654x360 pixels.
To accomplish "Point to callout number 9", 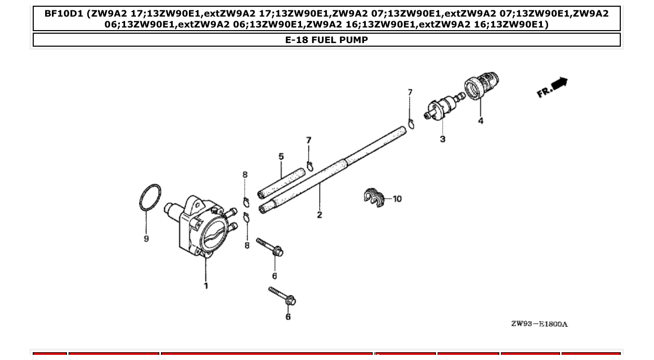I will [146, 239].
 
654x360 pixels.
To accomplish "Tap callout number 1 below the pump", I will [206, 286].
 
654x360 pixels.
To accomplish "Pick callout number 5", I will [281, 156].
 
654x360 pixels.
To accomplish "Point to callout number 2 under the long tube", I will [319, 215].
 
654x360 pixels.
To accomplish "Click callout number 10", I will [397, 199].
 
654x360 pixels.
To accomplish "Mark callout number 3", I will [442, 139].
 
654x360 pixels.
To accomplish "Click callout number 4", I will [481, 121].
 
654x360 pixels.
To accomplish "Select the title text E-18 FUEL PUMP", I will [326, 40].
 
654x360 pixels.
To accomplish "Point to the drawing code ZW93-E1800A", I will [539, 324].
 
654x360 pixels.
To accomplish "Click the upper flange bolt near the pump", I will [269, 247].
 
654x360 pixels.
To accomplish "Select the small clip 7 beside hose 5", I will [310, 166].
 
